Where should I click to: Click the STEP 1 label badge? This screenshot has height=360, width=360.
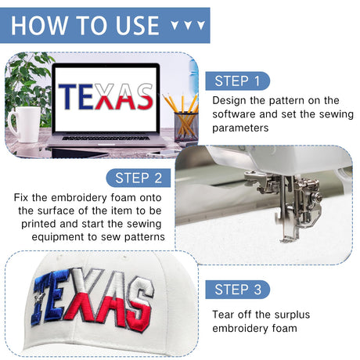point(238,81)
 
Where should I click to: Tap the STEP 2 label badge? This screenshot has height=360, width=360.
point(139,178)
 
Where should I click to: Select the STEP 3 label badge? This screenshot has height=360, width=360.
point(238,290)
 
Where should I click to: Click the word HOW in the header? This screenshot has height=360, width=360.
point(39,25)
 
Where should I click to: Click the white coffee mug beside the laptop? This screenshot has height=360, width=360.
point(24,124)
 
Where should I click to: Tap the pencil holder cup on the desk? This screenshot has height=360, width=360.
point(186,127)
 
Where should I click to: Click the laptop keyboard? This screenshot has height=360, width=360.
point(106,138)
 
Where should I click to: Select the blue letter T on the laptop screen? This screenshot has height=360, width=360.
point(68,96)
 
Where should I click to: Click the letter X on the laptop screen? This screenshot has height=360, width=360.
point(105,96)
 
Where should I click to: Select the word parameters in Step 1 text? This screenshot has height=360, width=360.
point(240,128)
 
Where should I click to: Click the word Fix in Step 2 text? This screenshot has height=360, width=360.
point(21,197)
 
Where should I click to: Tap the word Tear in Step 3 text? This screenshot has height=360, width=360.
point(223,315)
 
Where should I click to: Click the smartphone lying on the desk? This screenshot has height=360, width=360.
point(163,154)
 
